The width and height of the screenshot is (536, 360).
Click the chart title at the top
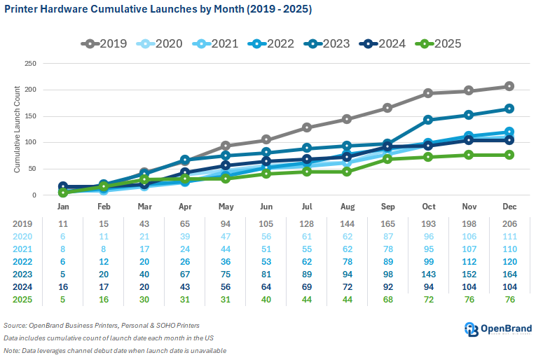[158, 10]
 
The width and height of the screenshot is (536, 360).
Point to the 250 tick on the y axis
[30, 63]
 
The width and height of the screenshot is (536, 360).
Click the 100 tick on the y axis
[30, 142]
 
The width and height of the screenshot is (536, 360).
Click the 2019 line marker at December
[509, 86]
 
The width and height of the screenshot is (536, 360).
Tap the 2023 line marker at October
[427, 120]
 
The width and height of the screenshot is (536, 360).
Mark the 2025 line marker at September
[387, 159]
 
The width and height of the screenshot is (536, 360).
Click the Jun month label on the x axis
[266, 208]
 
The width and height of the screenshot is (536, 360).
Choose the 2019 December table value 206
[509, 223]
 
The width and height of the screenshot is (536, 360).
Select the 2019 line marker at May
[226, 146]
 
